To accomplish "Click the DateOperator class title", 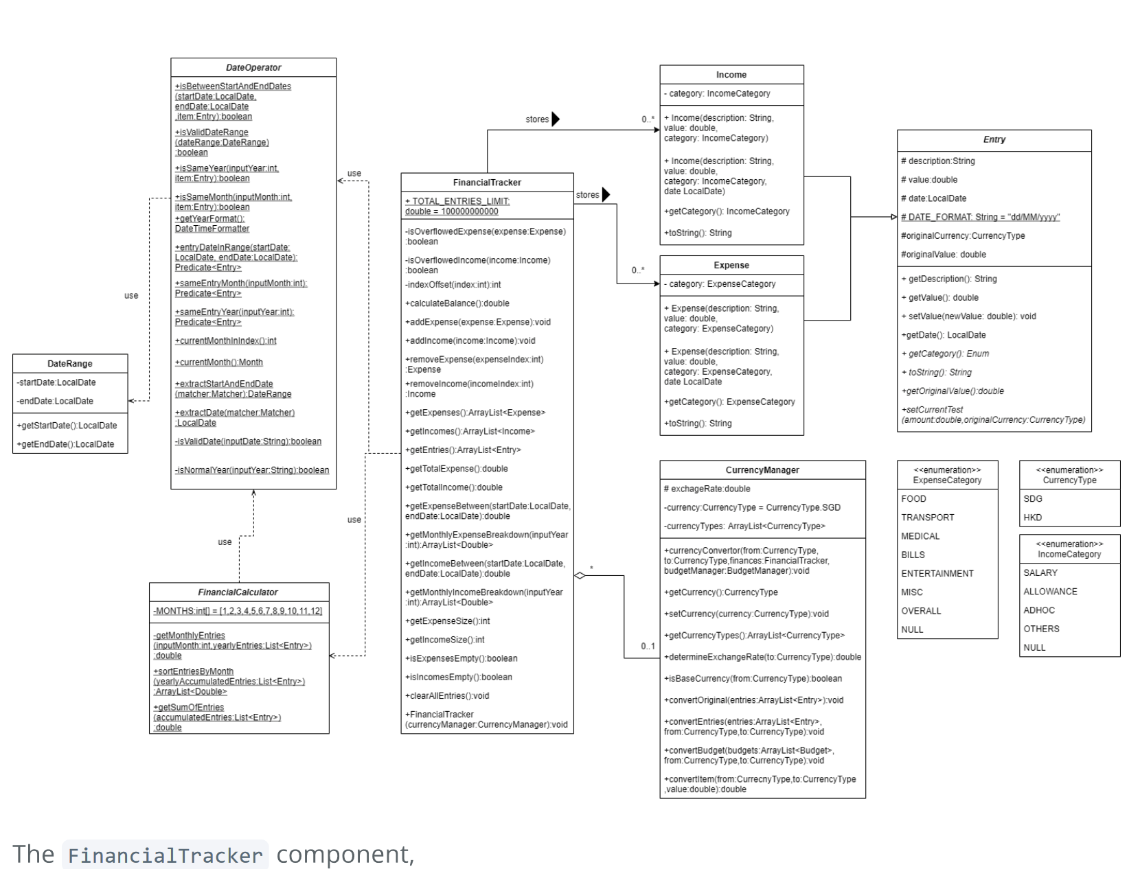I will pyautogui.click(x=253, y=67).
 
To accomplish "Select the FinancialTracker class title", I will pyautogui.click(x=487, y=183).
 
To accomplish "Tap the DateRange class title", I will pyautogui.click(x=69, y=364).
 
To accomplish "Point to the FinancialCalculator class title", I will pyautogui.click(x=238, y=592).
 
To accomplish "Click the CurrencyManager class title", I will pyautogui.click(x=762, y=470).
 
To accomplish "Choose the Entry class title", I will pyautogui.click(x=994, y=139).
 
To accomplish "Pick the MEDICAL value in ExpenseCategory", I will pyautogui.click(x=920, y=536).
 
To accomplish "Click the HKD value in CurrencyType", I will pyautogui.click(x=1032, y=518).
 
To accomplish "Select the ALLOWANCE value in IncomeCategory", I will pyautogui.click(x=1050, y=591).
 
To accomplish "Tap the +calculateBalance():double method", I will pyautogui.click(x=457, y=303).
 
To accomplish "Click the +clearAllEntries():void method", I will pyautogui.click(x=447, y=695).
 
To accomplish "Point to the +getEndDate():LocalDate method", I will pyautogui.click(x=65, y=444).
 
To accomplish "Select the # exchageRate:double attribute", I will pyautogui.click(x=707, y=489).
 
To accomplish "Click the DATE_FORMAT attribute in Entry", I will pyautogui.click(x=980, y=217).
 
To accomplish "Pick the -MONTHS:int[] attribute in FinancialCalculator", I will pyautogui.click(x=238, y=611).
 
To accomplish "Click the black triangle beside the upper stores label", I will pyautogui.click(x=556, y=119).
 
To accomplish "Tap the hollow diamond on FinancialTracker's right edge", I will pyautogui.click(x=580, y=575).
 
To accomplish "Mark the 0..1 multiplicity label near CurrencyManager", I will pyautogui.click(x=648, y=646).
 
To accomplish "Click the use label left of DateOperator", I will pyautogui.click(x=131, y=296).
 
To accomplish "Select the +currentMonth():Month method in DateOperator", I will pyautogui.click(x=218, y=362).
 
